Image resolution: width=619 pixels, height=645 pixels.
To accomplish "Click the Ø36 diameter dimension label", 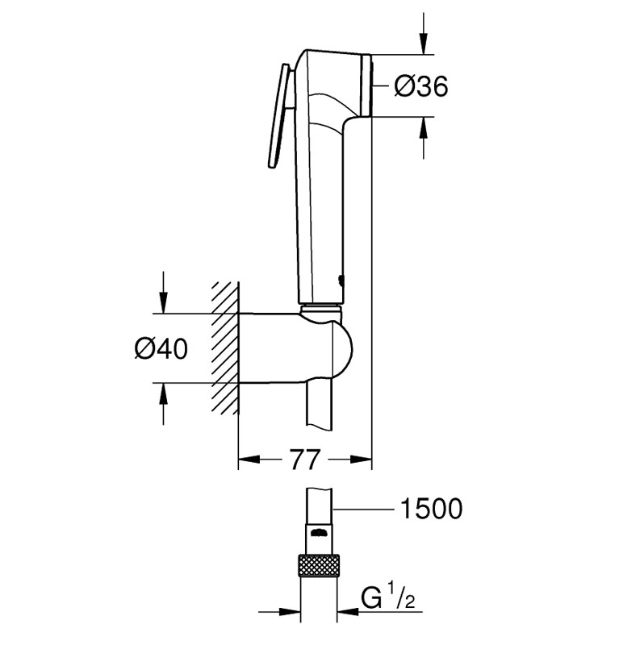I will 420,86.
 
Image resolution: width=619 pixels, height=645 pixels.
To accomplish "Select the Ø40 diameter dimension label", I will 161,348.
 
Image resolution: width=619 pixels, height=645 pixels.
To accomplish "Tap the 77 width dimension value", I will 303,460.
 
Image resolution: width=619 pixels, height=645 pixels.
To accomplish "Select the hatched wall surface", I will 226,347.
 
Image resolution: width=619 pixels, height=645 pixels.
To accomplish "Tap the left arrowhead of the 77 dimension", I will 247,460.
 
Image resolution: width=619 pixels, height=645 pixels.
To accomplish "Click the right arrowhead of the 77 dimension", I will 362,460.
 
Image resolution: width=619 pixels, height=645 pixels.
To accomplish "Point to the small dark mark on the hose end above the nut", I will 320,533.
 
